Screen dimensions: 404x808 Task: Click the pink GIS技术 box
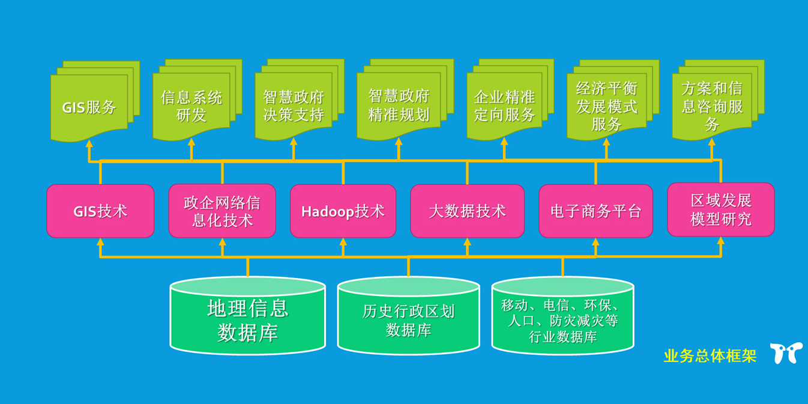[100, 211]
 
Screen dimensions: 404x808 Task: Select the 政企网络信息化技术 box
[222, 211]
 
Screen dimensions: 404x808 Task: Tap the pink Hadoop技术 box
[343, 211]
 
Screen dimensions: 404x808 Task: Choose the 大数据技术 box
[467, 211]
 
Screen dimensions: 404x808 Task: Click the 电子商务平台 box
[595, 211]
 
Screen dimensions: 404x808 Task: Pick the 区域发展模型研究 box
[720, 209]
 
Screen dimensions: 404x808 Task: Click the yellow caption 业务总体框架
[710, 356]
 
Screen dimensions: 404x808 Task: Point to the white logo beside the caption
[786, 353]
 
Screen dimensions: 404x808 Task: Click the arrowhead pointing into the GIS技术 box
[100, 242]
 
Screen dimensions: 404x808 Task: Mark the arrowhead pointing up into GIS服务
[89, 144]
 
